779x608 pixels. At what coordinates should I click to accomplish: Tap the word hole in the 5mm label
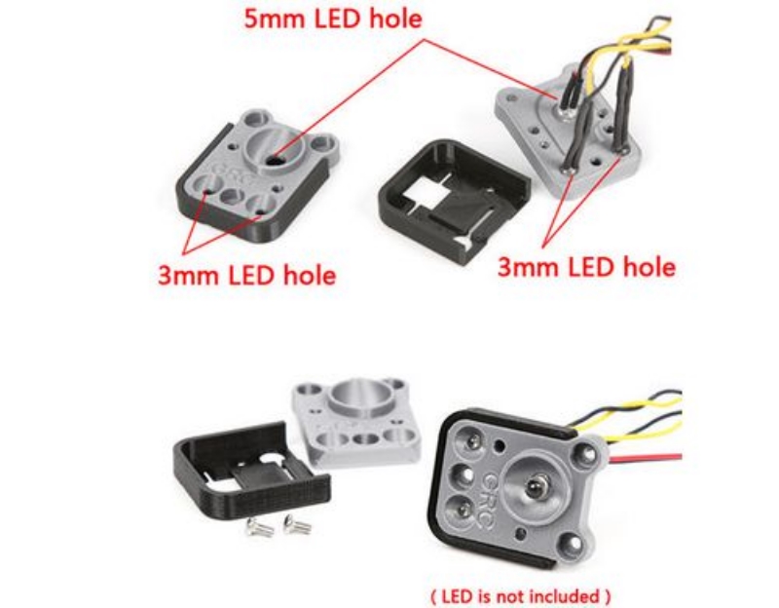(x=396, y=19)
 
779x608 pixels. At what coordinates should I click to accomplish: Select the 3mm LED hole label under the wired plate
(x=587, y=267)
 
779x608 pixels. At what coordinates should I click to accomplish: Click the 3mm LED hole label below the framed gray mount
(x=247, y=275)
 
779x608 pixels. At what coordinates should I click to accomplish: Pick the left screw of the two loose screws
(x=259, y=527)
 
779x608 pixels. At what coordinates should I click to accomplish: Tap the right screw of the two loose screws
(x=297, y=524)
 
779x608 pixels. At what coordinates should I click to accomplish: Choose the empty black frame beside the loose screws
(x=251, y=470)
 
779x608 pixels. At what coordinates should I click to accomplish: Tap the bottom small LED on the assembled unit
(x=464, y=510)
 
